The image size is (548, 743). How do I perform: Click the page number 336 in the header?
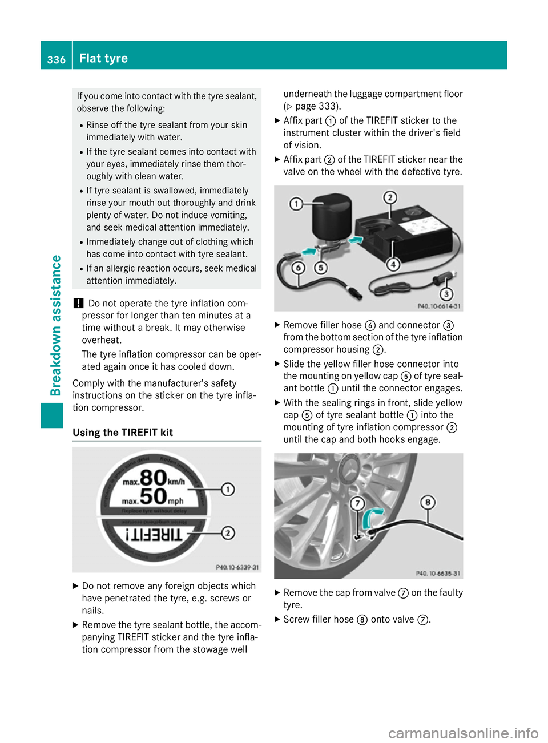click(56, 59)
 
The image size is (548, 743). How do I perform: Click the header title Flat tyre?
click(103, 58)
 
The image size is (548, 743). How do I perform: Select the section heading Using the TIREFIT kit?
click(123, 433)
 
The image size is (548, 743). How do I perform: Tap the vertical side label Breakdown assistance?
click(55, 325)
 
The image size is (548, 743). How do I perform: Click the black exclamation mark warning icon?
click(78, 304)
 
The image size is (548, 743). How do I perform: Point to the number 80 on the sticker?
click(153, 478)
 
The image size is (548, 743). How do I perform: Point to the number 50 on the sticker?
click(153, 497)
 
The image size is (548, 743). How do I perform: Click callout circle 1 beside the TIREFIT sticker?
click(228, 490)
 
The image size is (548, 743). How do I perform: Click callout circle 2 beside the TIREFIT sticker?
click(228, 533)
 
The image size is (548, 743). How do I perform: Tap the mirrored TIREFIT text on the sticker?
click(154, 534)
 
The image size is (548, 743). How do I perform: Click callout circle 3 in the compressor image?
click(446, 294)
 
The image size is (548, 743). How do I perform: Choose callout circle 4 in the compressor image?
click(393, 264)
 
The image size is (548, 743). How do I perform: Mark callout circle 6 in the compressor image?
click(298, 268)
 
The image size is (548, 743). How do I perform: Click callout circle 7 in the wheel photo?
click(357, 503)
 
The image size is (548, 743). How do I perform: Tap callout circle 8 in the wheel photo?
click(428, 502)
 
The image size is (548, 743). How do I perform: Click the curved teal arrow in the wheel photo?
click(373, 518)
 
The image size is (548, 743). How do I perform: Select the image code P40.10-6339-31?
click(237, 567)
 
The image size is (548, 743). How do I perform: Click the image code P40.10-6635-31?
click(438, 573)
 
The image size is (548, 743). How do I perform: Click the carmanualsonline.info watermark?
click(463, 733)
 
